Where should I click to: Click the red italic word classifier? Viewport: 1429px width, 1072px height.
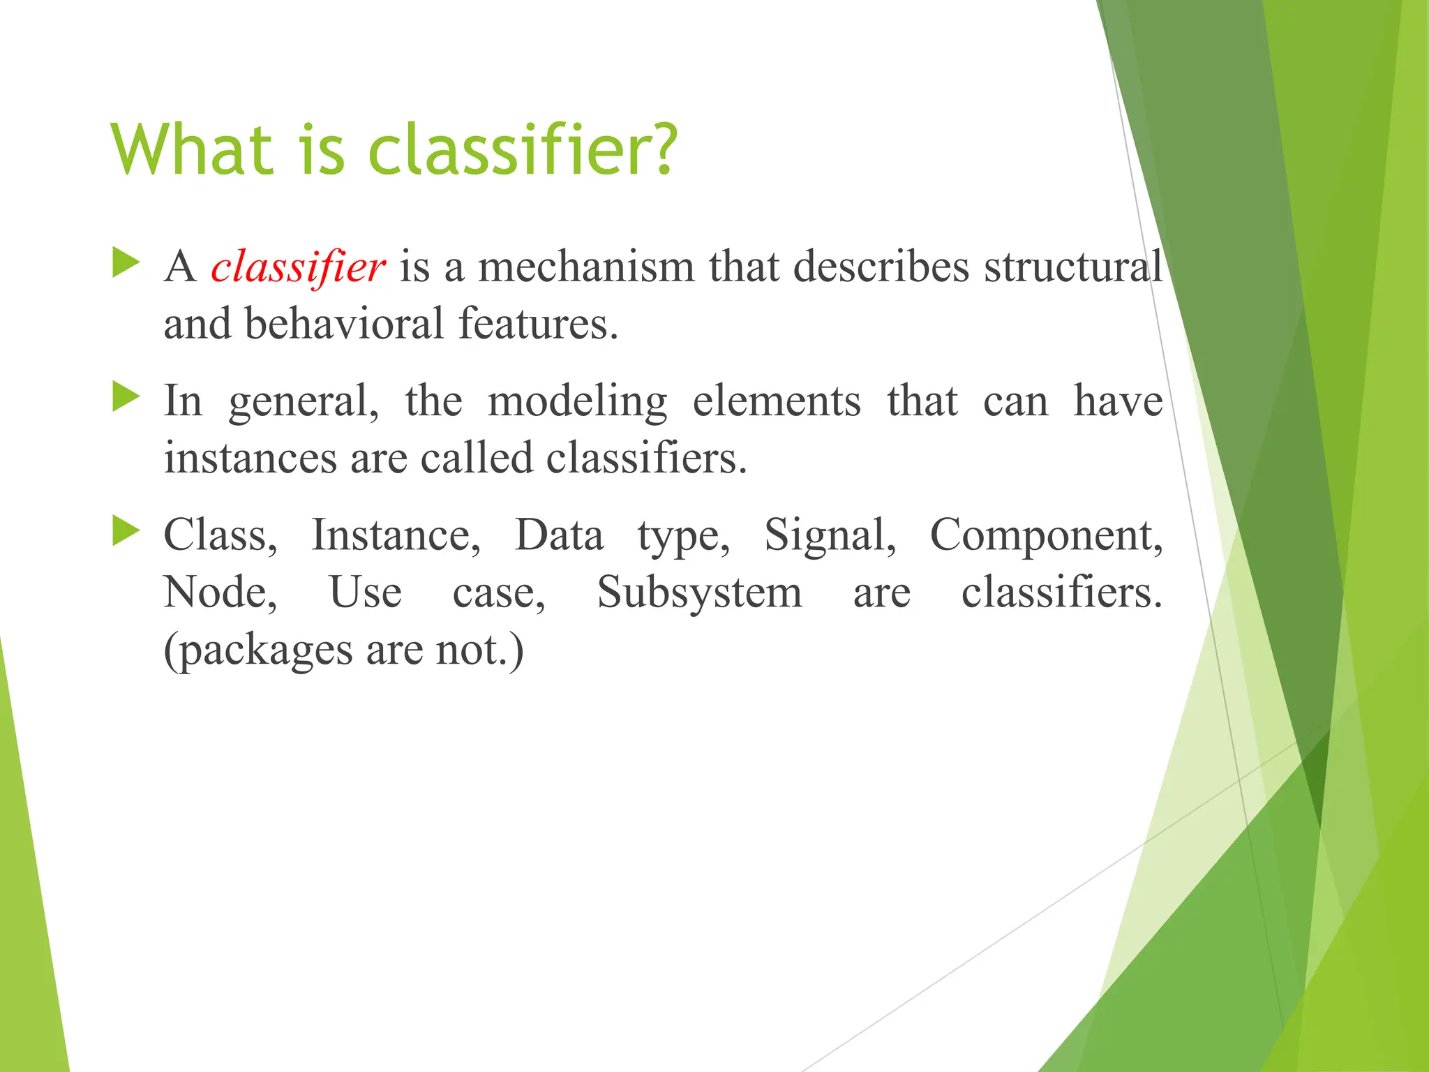pos(298,268)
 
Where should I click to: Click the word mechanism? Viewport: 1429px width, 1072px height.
pos(586,268)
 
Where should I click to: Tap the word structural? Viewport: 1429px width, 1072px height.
pos(1073,268)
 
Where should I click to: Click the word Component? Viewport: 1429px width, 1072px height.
pos(1046,536)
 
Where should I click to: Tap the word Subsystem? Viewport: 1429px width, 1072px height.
pos(700,594)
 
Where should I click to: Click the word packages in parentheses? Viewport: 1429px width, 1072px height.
pos(264,652)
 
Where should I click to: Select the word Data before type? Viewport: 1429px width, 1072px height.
pos(559,536)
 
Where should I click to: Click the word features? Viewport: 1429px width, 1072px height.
pos(538,325)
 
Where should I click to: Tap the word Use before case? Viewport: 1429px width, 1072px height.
pos(365,594)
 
